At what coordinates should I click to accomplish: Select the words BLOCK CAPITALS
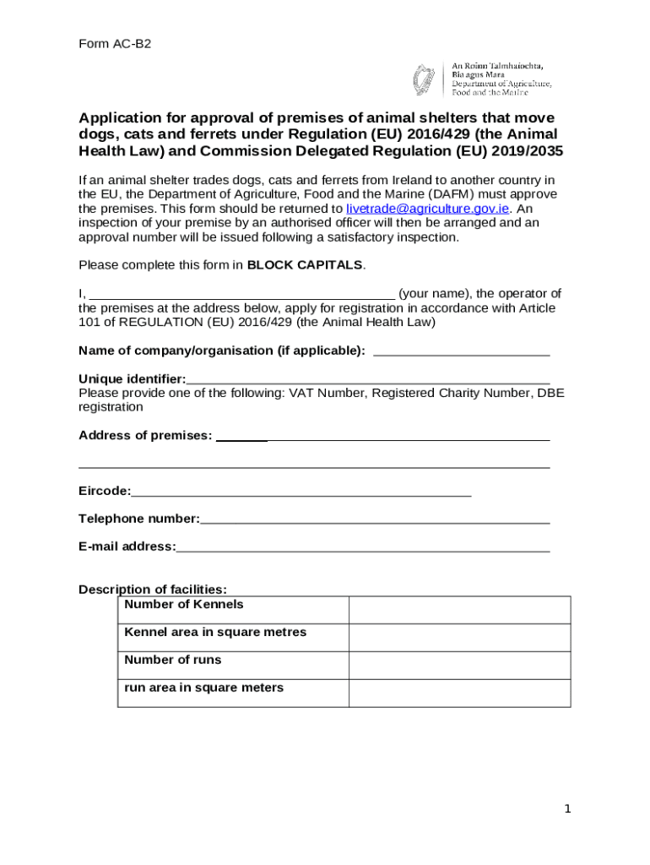tap(305, 265)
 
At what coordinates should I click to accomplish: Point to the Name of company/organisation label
tap(222, 351)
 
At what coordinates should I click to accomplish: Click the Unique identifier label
tap(132, 379)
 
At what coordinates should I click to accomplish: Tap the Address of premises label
tap(145, 436)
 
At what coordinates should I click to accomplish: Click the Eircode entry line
tap(301, 492)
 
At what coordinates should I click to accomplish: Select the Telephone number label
tap(139, 519)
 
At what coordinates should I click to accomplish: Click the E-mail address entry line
tap(363, 547)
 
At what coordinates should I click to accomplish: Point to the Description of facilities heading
tap(153, 590)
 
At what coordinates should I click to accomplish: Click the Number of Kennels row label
tap(184, 605)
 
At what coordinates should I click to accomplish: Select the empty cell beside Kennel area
tap(459, 638)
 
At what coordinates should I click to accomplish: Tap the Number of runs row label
tap(172, 660)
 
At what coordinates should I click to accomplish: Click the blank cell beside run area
tap(459, 693)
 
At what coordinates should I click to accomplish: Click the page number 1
tap(568, 809)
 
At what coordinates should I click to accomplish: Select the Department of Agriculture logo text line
tap(501, 84)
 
